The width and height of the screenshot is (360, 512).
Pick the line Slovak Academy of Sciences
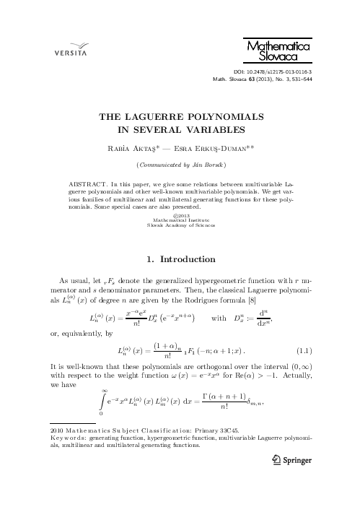pyautogui.click(x=181, y=225)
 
